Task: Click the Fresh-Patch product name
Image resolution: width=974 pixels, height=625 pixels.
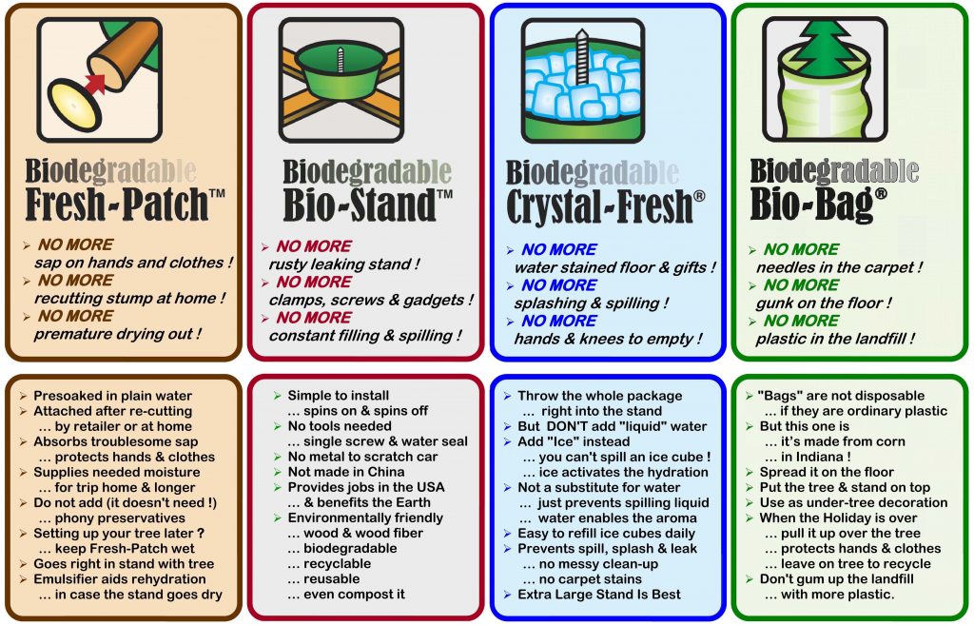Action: pos(117,205)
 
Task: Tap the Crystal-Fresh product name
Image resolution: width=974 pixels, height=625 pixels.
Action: pos(599,206)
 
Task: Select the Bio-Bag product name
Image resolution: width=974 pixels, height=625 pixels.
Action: pos(811,204)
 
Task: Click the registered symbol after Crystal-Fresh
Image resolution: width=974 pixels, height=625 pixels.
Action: pos(699,196)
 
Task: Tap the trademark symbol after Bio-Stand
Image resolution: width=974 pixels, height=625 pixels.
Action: pos(445,194)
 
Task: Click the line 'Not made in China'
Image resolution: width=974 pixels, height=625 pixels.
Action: pos(346,472)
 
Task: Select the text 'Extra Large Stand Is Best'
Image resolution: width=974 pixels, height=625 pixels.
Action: pos(599,595)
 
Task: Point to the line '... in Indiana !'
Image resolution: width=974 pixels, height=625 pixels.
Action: pos(808,457)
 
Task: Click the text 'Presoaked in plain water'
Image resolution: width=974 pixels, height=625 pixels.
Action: pos(112,396)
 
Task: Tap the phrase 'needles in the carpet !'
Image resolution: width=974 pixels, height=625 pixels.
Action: pos(839,267)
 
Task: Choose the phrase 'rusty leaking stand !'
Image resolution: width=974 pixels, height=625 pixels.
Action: pos(344,264)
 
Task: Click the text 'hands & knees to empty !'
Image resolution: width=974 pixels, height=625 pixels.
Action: pos(608,340)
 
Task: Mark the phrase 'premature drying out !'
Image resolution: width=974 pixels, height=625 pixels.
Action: pos(118,334)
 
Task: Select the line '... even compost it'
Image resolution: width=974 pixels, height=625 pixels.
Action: pos(346,595)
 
